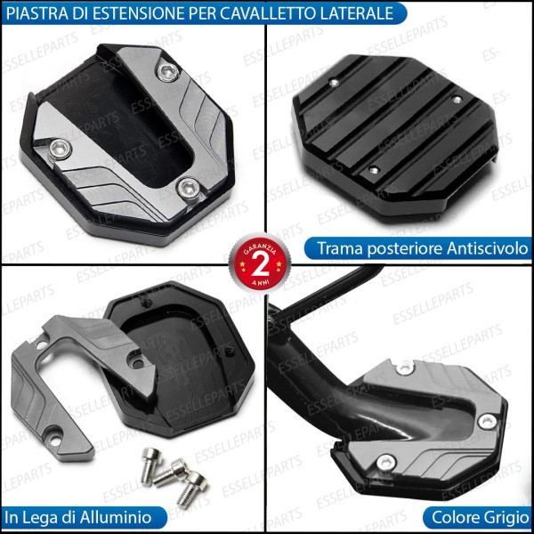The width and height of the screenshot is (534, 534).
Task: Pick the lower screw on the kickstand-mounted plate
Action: tap(385, 462)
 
